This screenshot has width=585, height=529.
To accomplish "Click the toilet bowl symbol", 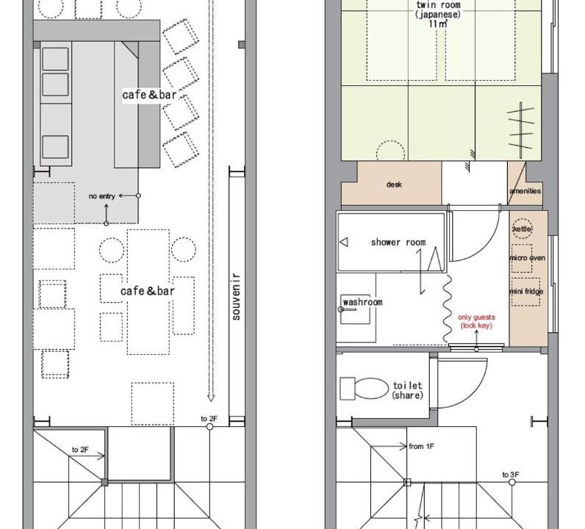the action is coord(365,389).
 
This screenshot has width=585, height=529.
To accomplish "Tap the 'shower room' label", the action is coord(398,242).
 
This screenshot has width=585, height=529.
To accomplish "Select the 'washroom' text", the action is coord(362,302).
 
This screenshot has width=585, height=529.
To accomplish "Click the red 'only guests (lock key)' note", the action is coord(476,321).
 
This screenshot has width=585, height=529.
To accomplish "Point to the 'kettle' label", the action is coord(523,228).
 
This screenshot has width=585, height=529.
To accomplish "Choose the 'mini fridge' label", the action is coord(526,291).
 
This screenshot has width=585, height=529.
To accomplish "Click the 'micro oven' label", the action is coord(527,258).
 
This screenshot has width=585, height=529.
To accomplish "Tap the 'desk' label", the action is coord(394,184).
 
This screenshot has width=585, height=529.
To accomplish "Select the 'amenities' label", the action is coord(525,190).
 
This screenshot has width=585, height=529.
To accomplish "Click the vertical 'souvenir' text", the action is coord(236,297).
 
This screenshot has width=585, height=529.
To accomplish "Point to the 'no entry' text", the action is coord(101,196).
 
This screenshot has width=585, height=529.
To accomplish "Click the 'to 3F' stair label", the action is coord(510,475).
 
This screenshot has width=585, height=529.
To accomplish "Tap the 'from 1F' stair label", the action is coord(421,446).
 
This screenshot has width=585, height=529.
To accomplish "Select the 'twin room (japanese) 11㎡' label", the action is coord(438,14).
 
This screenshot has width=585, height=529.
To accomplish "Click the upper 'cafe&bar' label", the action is coord(149,95).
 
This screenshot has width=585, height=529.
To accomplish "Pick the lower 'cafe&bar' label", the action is coord(148,291).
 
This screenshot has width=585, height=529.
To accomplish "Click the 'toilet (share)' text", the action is coord(407,390).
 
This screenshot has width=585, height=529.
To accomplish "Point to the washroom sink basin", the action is coord(355,309).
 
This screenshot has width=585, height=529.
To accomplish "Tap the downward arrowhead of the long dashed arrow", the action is coord(211,397).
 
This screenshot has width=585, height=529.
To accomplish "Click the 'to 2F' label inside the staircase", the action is coord(80,450).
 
